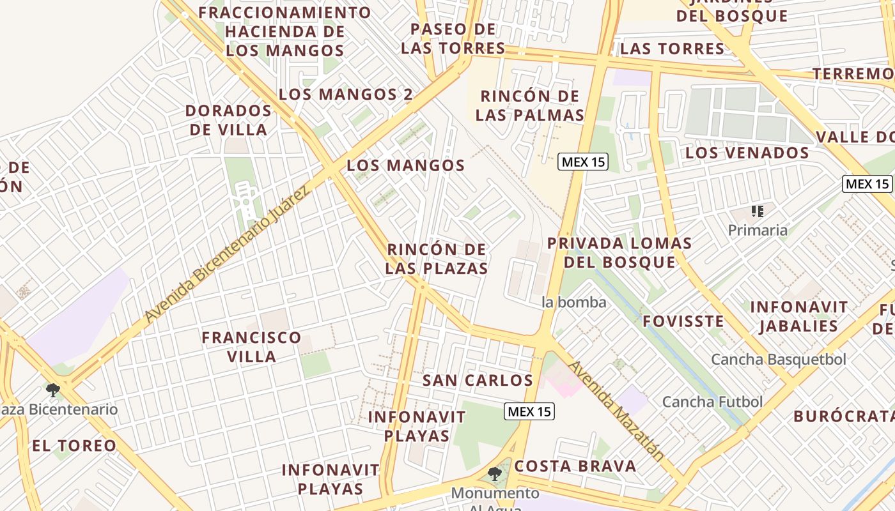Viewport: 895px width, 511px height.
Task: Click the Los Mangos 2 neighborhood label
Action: point(345,95)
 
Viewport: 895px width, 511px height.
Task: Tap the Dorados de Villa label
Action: point(228,120)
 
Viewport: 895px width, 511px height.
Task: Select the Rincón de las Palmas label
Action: point(530,106)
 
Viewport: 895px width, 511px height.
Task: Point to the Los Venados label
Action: point(747,153)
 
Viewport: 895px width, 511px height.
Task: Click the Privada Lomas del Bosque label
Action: point(619,253)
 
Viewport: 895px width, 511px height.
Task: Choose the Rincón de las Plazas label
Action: point(437,259)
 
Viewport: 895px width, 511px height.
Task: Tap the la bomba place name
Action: point(573,302)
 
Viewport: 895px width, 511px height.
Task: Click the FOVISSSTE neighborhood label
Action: point(683,321)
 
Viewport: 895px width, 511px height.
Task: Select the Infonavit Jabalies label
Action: point(798,317)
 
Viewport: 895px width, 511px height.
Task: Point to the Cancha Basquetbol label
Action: point(778,360)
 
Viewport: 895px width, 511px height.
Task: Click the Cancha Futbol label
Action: point(712,402)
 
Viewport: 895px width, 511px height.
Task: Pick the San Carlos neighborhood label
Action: point(478,381)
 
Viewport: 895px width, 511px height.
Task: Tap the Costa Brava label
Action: point(575,466)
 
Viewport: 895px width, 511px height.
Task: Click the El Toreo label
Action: point(74,446)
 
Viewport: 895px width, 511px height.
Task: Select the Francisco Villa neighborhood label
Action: point(251,347)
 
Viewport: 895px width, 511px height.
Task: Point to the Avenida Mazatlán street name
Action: point(616,410)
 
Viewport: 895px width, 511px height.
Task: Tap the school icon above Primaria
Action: point(758,211)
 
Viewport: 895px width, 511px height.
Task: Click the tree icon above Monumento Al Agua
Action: point(494,474)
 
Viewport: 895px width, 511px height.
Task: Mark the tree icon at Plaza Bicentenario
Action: point(53,390)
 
